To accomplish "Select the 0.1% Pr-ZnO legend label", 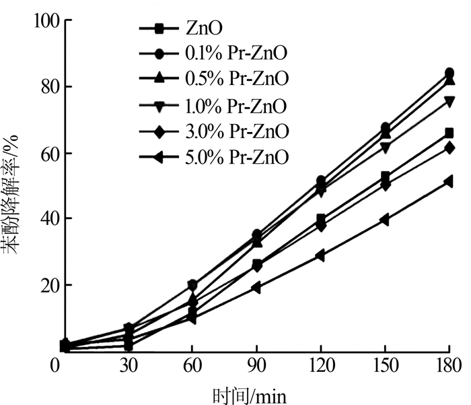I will (x=235, y=53).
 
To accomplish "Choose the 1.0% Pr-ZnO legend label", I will (x=235, y=106).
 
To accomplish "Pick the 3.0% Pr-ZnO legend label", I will (x=235, y=131).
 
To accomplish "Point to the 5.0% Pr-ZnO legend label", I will (x=235, y=158).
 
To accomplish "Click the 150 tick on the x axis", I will (x=385, y=367).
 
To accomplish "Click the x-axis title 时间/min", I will (x=256, y=394).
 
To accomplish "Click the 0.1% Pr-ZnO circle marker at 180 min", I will (x=449, y=73).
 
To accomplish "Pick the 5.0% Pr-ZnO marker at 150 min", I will (x=385, y=220).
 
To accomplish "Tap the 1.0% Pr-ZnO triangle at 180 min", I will (x=449, y=102).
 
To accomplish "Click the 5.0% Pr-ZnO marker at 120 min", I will (x=321, y=255).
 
